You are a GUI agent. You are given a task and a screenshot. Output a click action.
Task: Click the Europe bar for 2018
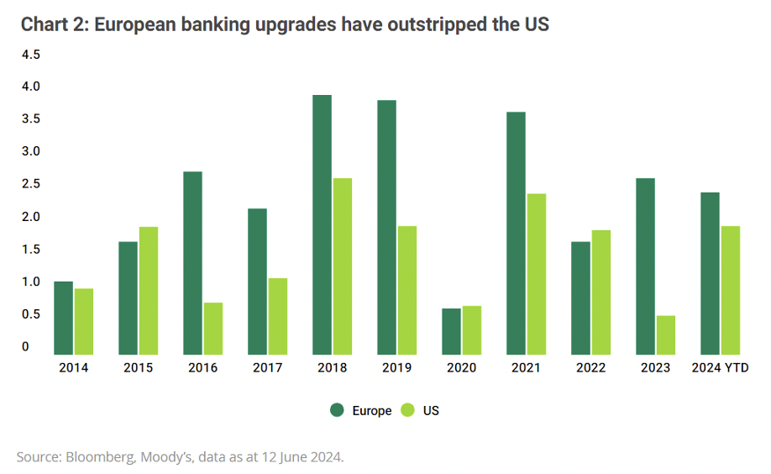(x=322, y=224)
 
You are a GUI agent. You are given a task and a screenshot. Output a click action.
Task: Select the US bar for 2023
(x=666, y=334)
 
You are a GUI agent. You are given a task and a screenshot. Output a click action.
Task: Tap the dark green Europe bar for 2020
(x=452, y=331)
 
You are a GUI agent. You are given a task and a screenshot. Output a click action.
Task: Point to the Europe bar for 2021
(x=516, y=233)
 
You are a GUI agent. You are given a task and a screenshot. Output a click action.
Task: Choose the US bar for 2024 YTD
(x=731, y=290)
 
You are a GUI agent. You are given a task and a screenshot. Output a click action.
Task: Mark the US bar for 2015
(x=149, y=290)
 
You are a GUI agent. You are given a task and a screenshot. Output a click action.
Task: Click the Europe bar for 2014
(x=63, y=318)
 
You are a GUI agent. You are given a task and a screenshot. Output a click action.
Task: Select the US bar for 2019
(x=406, y=290)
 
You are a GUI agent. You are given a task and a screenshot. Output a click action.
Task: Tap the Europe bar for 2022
(x=580, y=298)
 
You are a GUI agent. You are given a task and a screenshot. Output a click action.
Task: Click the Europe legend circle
(x=338, y=411)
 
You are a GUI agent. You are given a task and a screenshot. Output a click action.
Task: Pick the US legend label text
(x=432, y=411)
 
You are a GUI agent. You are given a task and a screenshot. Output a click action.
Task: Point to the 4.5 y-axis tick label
(x=31, y=55)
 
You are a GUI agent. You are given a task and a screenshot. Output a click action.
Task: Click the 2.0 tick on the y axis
(x=31, y=217)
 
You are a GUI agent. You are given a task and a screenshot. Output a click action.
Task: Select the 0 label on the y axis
(x=26, y=346)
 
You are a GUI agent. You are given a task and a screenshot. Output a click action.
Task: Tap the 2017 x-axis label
(x=267, y=368)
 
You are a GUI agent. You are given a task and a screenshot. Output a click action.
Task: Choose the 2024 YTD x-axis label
(x=720, y=368)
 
